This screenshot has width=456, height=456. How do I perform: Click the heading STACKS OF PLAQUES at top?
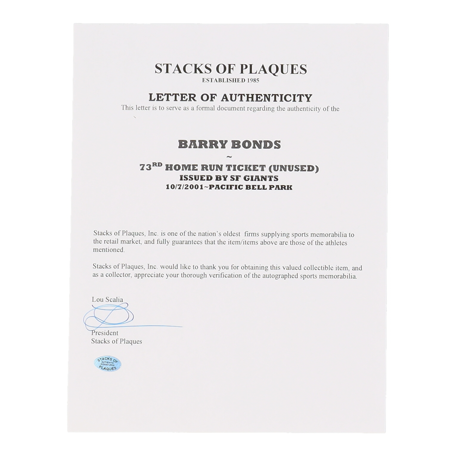click(230, 69)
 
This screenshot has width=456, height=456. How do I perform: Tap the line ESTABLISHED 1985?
click(230, 80)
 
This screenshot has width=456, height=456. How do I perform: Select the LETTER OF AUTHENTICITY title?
click(230, 97)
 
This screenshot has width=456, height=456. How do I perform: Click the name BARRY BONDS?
click(229, 145)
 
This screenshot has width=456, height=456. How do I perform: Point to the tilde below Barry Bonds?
click(229, 157)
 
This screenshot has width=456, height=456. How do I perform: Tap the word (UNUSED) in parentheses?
click(294, 168)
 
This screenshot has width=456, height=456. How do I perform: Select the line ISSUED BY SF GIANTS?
click(229, 178)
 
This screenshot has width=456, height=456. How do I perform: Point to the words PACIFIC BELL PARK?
click(251, 187)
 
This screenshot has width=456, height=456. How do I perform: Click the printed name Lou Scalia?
click(107, 300)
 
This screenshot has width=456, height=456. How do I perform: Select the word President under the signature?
click(105, 333)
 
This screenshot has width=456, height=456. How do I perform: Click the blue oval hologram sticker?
click(108, 364)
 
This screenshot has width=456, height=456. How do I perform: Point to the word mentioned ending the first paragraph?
click(108, 250)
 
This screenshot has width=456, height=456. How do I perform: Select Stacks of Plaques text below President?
click(117, 341)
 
